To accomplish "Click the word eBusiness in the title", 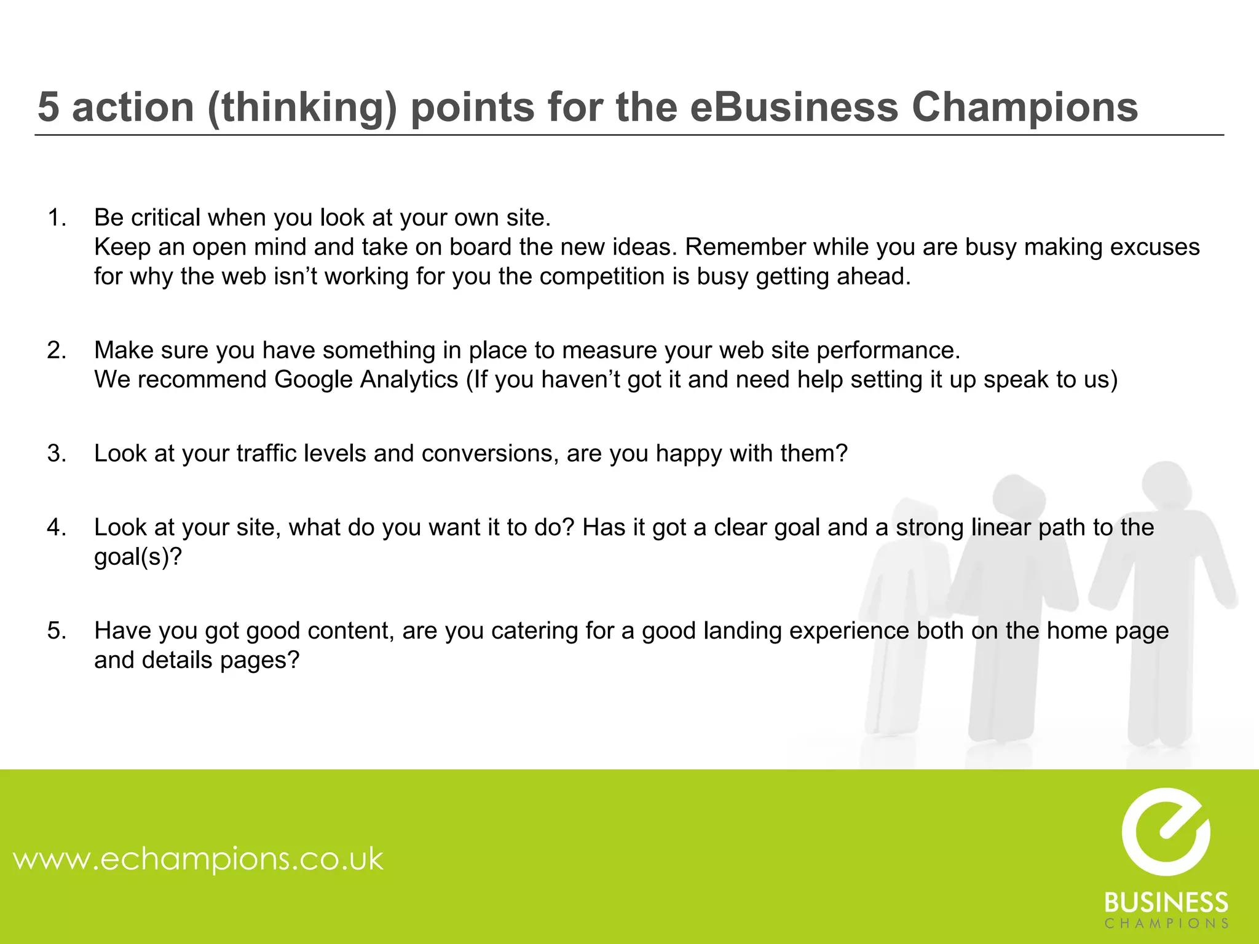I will point(794,108).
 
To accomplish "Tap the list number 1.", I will point(57,218).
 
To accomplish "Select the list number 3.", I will point(57,454).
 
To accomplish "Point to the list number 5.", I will point(57,631).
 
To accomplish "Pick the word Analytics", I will point(409,380).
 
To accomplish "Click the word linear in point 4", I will point(1001,527).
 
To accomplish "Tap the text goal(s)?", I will point(138,557).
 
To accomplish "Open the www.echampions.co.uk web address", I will point(198,859).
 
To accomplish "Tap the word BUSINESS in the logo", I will point(1166,903).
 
